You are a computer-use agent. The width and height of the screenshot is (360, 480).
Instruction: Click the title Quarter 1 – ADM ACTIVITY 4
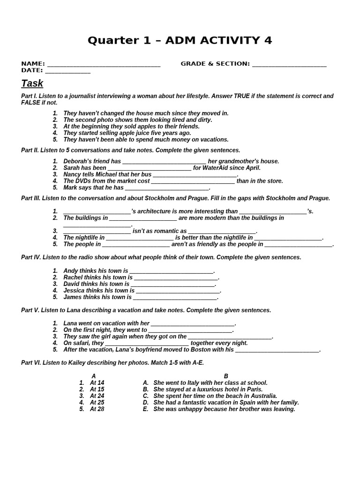tap(180, 41)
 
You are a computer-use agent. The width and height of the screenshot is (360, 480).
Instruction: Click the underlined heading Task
tap(32, 83)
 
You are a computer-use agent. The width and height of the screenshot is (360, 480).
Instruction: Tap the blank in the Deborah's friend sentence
tap(164, 162)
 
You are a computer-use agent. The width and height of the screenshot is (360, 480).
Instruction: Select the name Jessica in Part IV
tap(74, 291)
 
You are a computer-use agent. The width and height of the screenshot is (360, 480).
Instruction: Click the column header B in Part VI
tap(226, 376)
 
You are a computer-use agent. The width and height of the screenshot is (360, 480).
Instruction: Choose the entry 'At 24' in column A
tap(97, 396)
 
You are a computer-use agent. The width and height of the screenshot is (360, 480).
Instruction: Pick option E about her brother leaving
tap(224, 409)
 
